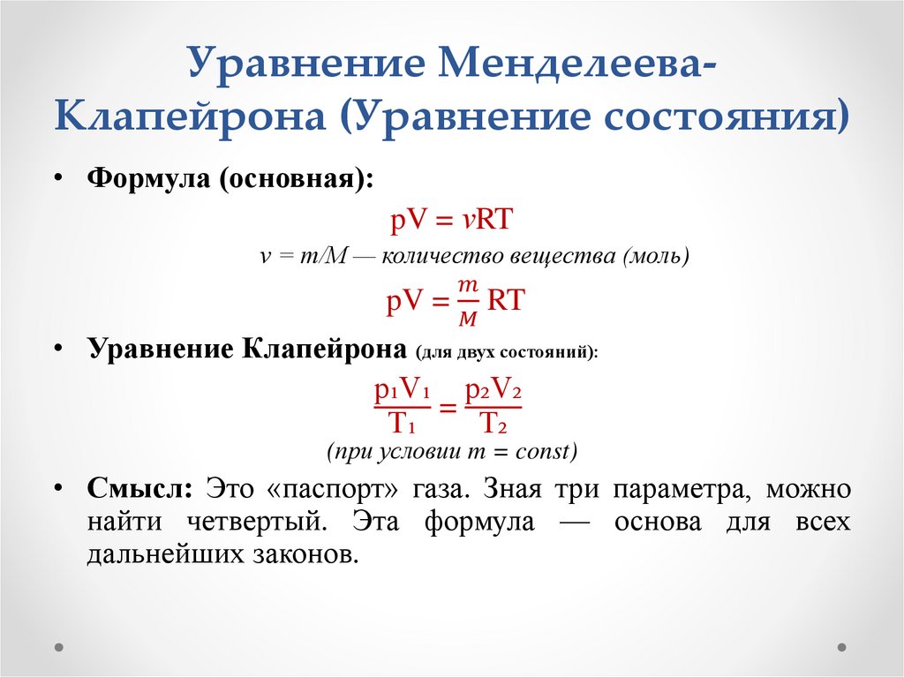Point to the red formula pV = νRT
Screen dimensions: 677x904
click(x=450, y=219)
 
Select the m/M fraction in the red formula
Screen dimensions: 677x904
click(x=468, y=301)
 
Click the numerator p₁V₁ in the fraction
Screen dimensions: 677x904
click(x=402, y=390)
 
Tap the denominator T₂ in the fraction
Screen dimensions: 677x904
click(x=493, y=425)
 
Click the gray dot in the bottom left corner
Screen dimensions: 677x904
click(x=59, y=646)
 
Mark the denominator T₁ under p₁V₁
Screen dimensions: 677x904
click(x=402, y=425)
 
